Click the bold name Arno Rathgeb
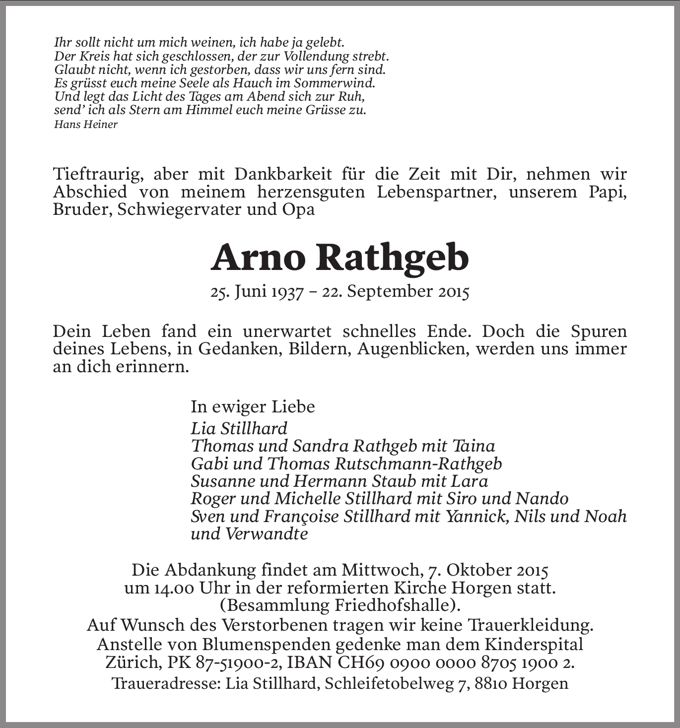click(x=340, y=258)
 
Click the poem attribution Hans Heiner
click(x=85, y=125)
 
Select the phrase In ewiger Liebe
click(x=253, y=407)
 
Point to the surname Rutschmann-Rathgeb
click(x=418, y=463)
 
